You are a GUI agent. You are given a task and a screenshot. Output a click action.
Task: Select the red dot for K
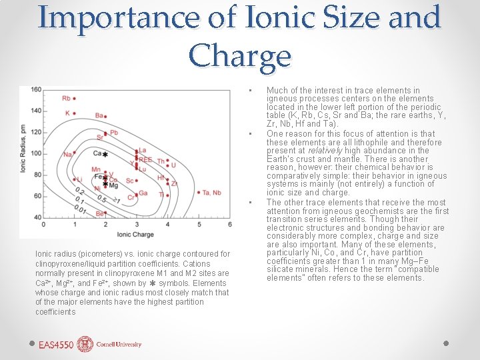[x=75, y=113]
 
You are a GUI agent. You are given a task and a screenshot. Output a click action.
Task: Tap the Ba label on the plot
[x=99, y=115]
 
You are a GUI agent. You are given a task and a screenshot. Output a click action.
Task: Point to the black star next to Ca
[x=105, y=155]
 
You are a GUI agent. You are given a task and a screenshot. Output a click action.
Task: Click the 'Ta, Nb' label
[x=212, y=193]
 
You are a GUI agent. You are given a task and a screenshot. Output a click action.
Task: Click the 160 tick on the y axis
[x=35, y=89]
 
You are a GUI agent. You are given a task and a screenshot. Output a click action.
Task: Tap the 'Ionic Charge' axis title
[x=135, y=235]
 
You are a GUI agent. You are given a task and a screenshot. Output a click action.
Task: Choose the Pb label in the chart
[x=113, y=133]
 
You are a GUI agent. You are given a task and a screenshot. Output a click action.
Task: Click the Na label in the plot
[x=67, y=155]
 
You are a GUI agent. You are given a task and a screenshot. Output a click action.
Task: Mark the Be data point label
[x=99, y=214]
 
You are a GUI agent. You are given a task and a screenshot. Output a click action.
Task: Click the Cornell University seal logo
[x=85, y=344]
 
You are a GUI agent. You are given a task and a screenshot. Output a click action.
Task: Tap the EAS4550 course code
[x=55, y=345]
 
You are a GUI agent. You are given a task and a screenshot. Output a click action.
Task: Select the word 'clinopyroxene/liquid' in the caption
[x=71, y=263]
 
